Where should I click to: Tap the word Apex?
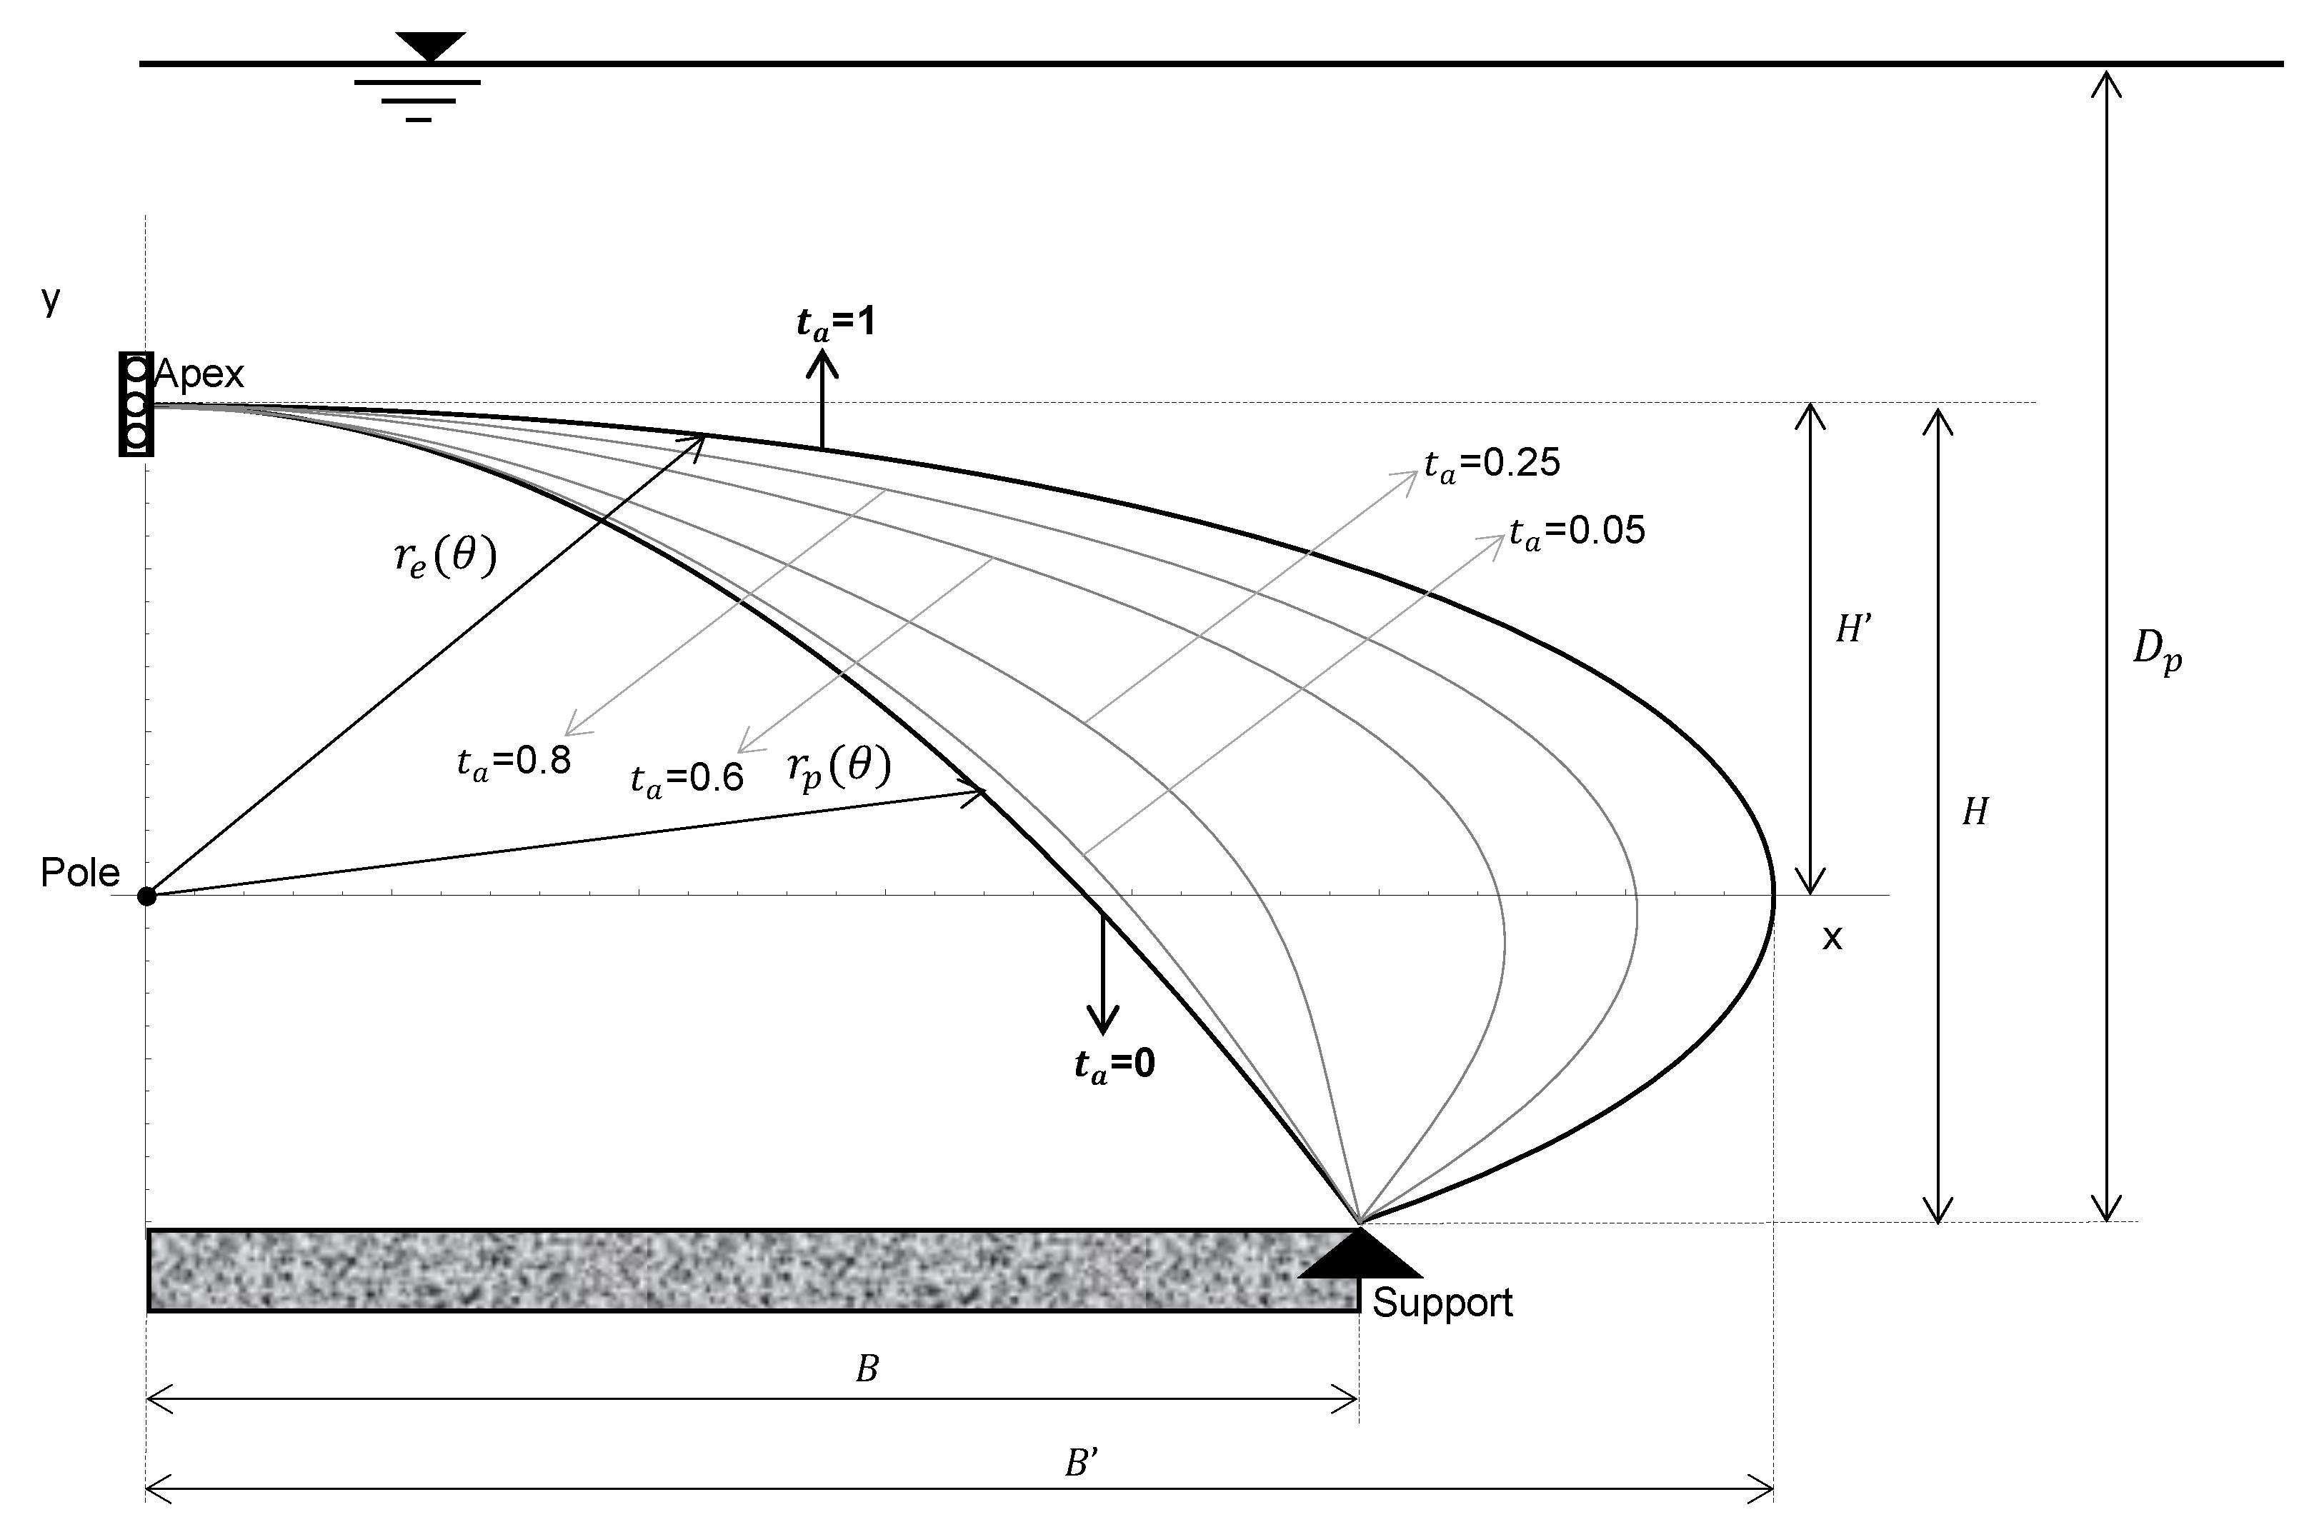[x=199, y=374]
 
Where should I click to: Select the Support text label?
[x=1442, y=1303]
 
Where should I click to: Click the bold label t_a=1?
[x=835, y=323]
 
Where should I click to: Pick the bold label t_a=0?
[x=1114, y=1063]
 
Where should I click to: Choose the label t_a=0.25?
[x=1492, y=464]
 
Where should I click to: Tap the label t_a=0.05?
[x=1577, y=531]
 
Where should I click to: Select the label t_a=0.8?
[x=514, y=761]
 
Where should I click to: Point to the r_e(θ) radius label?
[x=445, y=557]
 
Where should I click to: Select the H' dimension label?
[x=1853, y=629]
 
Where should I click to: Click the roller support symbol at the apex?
[x=136, y=403]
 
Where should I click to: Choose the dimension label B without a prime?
[x=866, y=1369]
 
